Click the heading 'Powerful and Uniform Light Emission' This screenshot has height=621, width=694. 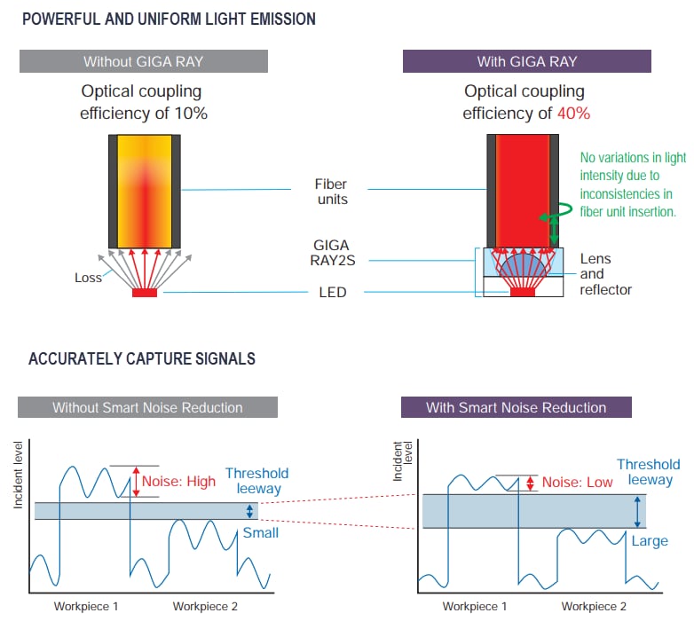point(169,19)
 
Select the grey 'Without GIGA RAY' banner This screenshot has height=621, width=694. point(144,61)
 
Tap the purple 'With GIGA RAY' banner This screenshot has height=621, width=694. point(526,61)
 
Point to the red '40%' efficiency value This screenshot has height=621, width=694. point(573,114)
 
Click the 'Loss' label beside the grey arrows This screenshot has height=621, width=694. point(89,278)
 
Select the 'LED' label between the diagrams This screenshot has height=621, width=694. point(331,292)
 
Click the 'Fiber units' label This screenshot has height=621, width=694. point(331,192)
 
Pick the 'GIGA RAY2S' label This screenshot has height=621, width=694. point(331,253)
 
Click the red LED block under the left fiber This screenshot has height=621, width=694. point(144,292)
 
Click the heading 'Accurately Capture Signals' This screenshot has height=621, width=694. point(142,359)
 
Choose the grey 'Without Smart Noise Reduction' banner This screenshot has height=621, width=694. point(147,407)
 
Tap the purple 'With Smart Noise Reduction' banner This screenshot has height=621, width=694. point(516,407)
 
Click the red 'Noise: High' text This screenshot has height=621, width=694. point(178,482)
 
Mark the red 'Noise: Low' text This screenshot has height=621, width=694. point(576,483)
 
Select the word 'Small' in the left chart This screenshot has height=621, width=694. point(261,532)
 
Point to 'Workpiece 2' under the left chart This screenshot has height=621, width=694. point(205,607)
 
